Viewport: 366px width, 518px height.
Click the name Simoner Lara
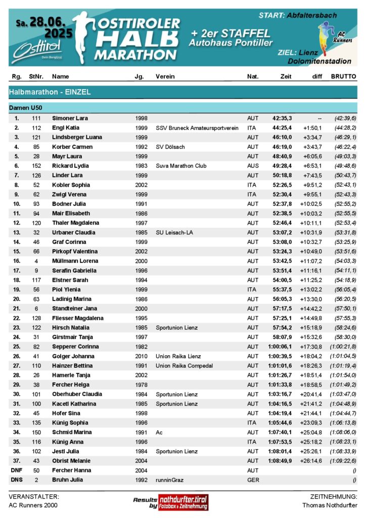pyautogui.click(x=70, y=118)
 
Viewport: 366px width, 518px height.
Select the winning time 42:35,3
pyautogui.click(x=282, y=118)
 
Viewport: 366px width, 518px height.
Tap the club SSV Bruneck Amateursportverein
pyautogui.click(x=197, y=127)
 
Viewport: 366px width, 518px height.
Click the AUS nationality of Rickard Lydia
pyautogui.click(x=252, y=166)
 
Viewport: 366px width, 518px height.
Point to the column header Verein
pyautogui.click(x=165, y=76)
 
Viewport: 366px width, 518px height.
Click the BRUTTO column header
pyautogui.click(x=343, y=76)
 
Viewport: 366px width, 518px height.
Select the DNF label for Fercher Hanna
pyautogui.click(x=16, y=470)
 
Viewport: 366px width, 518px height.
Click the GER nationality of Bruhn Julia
pyautogui.click(x=252, y=480)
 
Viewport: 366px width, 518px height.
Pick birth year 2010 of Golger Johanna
pyautogui.click(x=142, y=356)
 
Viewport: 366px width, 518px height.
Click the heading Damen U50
pyautogui.click(x=26, y=108)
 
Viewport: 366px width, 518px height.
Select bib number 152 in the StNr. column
pyautogui.click(x=35, y=166)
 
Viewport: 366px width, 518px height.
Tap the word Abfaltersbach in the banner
pyautogui.click(x=311, y=15)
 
